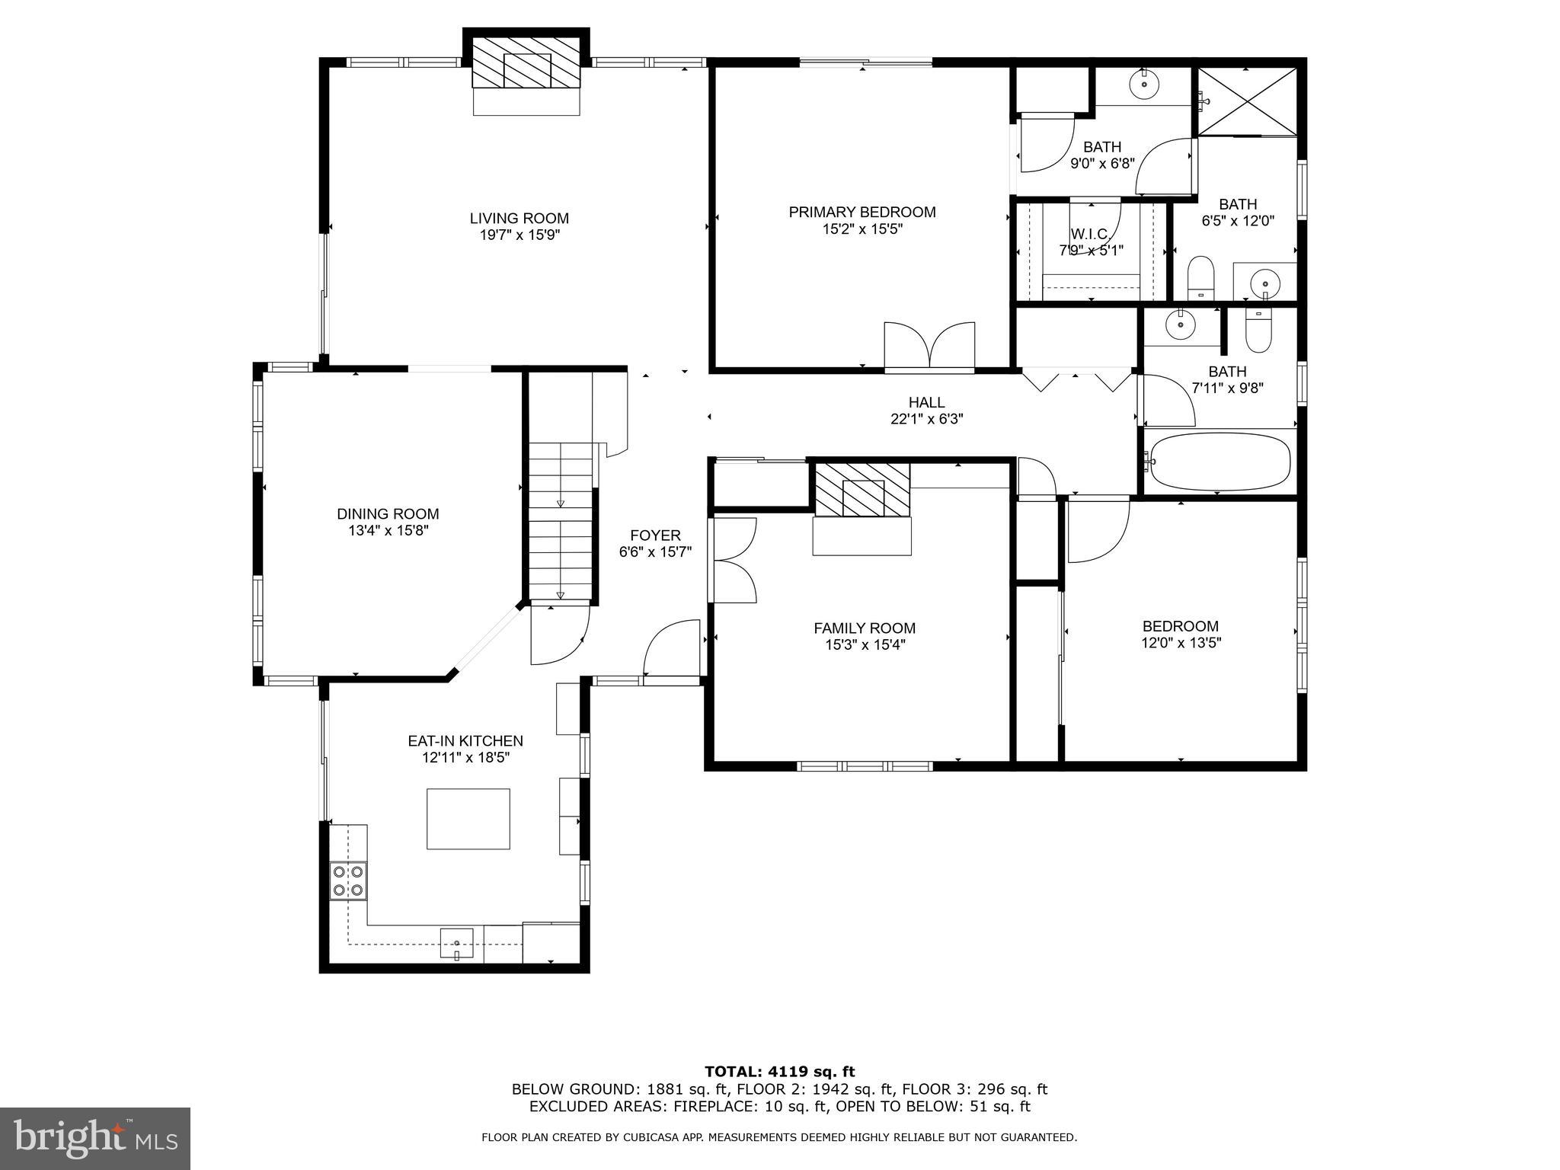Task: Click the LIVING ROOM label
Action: tap(519, 219)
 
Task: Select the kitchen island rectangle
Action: tap(468, 819)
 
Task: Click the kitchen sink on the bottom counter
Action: tap(456, 943)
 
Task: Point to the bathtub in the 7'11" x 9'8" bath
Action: tap(1220, 461)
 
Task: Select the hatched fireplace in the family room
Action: tap(862, 490)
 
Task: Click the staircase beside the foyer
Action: tap(561, 526)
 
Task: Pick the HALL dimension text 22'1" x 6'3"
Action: tap(926, 419)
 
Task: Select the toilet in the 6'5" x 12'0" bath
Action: tap(1200, 278)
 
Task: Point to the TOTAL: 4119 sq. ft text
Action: tap(779, 1072)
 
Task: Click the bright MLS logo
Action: tap(94, 1138)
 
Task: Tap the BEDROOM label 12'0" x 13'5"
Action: tap(1180, 635)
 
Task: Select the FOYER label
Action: tap(655, 535)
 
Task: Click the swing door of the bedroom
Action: tap(1096, 530)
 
